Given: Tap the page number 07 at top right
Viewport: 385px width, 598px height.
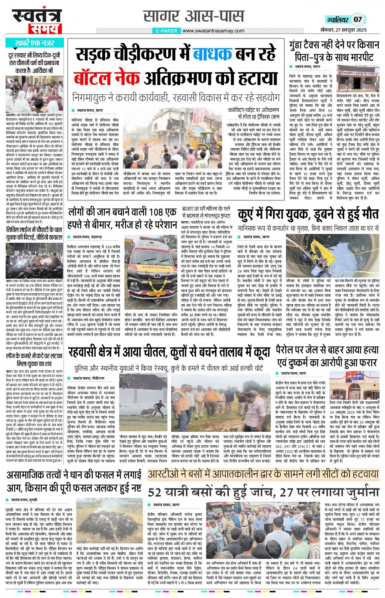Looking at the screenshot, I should [357, 19].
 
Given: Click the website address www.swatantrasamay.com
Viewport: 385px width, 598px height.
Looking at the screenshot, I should [213, 31].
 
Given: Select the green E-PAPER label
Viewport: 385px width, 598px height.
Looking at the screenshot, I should [167, 31].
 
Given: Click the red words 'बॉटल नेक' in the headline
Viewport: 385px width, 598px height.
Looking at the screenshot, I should [108, 77].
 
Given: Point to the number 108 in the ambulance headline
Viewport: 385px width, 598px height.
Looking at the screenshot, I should [157, 212].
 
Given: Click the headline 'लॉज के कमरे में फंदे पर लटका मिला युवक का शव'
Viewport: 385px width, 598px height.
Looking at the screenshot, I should [34, 360].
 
